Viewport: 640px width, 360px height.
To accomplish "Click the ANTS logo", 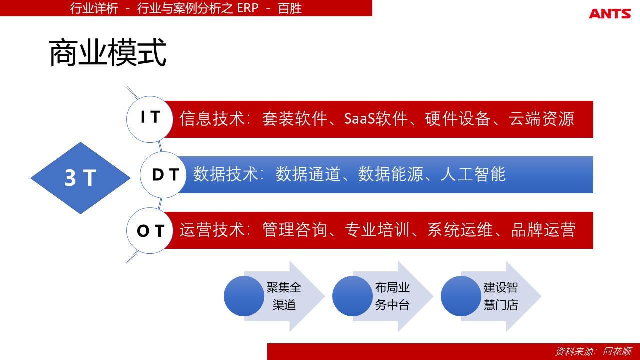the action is [610, 13].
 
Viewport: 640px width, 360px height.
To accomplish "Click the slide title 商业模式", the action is [108, 53].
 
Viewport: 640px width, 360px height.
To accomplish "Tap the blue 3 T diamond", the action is [80, 178].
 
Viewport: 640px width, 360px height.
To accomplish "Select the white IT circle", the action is [150, 119].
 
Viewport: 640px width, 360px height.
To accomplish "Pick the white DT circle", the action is [163, 175].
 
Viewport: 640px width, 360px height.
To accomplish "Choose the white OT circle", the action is [150, 230].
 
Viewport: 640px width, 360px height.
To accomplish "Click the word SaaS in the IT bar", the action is [359, 118].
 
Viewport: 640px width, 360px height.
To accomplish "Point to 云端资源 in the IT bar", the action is [541, 119].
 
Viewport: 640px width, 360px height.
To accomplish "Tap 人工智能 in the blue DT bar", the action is [473, 174].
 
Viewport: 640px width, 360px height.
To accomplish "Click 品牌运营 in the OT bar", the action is [543, 230].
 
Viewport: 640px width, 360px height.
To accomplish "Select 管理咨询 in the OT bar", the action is [295, 230].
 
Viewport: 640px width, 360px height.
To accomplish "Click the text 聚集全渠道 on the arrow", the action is [284, 296].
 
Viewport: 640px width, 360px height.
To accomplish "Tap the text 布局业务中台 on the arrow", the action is [392, 296].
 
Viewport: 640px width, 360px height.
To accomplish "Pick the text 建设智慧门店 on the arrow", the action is [501, 296].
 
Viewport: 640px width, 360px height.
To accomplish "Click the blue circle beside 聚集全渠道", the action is [244, 296].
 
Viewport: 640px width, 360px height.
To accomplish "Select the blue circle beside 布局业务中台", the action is [352, 296].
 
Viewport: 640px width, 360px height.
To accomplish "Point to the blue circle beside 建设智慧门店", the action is [461, 296].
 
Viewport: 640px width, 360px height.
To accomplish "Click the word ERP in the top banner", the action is [247, 8].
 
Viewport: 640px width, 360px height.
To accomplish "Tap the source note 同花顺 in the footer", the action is [617, 351].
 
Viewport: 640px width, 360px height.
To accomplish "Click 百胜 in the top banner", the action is [290, 8].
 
